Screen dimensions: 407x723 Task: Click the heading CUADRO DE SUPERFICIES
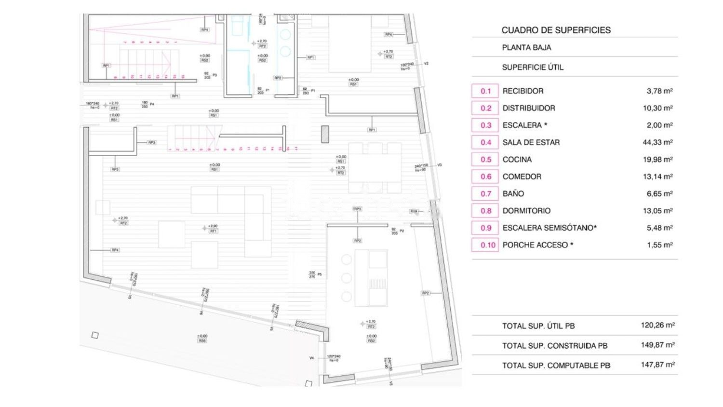[x=556, y=30]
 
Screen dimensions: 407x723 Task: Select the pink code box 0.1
[x=485, y=91]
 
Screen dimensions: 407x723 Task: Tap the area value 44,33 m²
[x=657, y=142]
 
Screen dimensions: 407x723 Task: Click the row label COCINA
[x=517, y=160]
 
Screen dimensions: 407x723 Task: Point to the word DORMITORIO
[x=526, y=211]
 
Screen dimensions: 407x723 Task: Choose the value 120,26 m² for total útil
[x=657, y=326]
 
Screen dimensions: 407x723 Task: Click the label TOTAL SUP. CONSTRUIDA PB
[x=554, y=346]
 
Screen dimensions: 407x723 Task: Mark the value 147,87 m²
[x=657, y=365]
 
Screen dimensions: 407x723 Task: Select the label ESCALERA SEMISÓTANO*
[x=549, y=228]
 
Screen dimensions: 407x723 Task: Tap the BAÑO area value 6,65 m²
[x=659, y=194]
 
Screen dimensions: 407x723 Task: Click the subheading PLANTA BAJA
[x=526, y=48]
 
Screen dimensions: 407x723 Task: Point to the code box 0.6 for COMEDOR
[x=485, y=176]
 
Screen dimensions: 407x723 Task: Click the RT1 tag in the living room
[x=213, y=231]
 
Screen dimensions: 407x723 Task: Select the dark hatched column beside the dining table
[x=325, y=134]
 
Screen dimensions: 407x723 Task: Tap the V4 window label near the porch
[x=311, y=358]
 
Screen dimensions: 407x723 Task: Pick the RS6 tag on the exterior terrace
[x=202, y=341]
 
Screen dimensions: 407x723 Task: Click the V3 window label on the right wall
[x=439, y=165]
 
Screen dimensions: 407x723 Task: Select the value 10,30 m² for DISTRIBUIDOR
[x=657, y=109]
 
